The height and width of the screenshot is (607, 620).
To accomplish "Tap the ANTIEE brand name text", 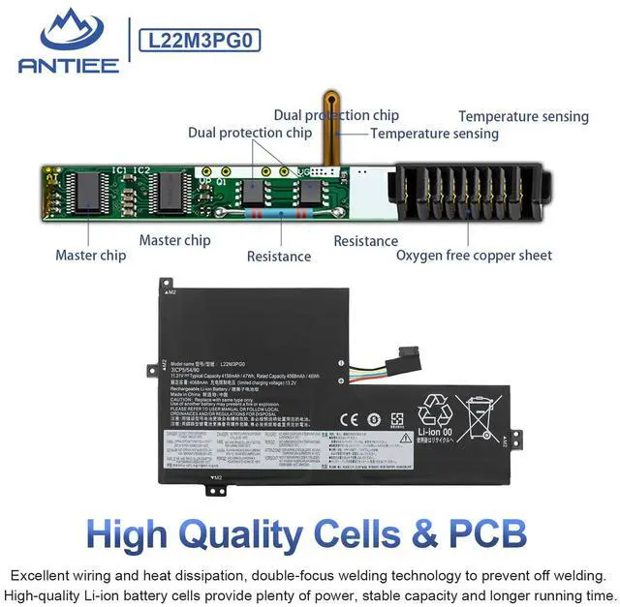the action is pyautogui.click(x=67, y=65).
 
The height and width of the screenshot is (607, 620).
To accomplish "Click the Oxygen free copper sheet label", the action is pyautogui.click(x=474, y=256).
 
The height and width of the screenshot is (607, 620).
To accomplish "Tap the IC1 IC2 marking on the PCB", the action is pyautogui.click(x=132, y=170).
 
